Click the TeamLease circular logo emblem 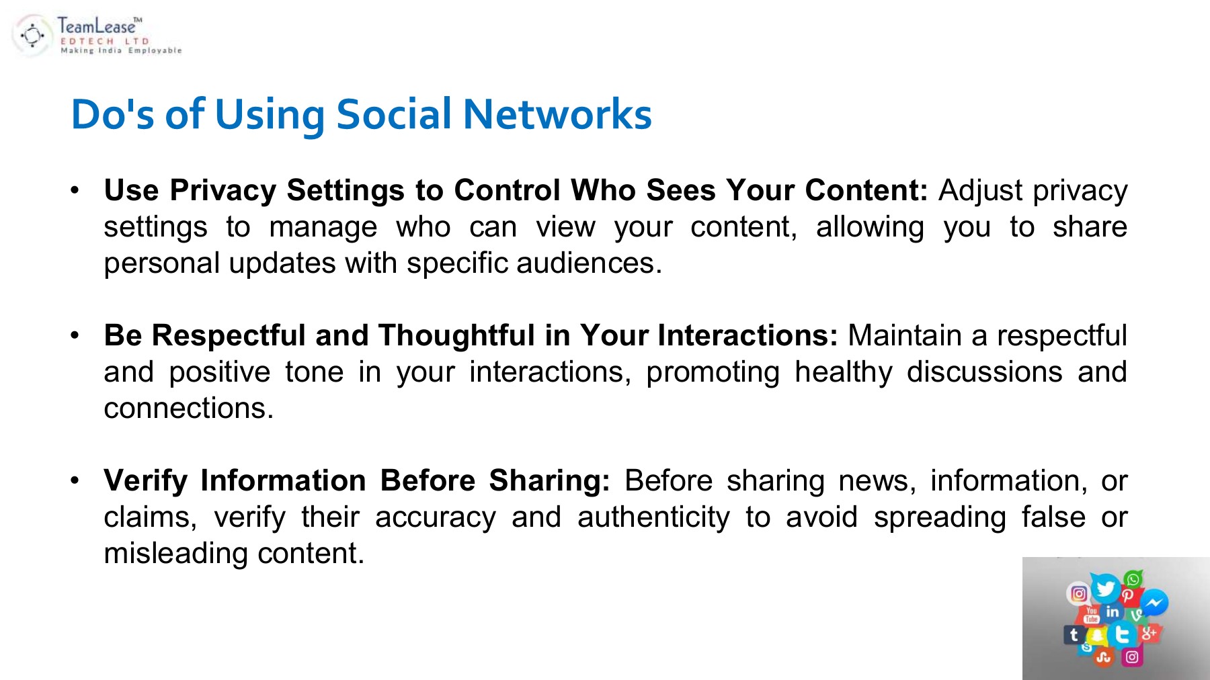tap(32, 35)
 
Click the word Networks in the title tap(557, 114)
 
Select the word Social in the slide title tap(394, 114)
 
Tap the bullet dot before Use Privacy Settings tap(75, 190)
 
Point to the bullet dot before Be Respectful tap(75, 335)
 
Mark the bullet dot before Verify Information tap(75, 480)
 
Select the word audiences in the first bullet tap(586, 263)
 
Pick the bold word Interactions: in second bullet tap(748, 335)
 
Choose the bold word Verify tap(146, 480)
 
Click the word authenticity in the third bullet tap(653, 517)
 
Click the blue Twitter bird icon tap(1105, 589)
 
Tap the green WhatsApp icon tap(1133, 579)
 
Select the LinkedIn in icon tap(1113, 611)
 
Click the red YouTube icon tap(1091, 614)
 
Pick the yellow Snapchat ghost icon tap(1097, 635)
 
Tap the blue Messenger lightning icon tap(1154, 603)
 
